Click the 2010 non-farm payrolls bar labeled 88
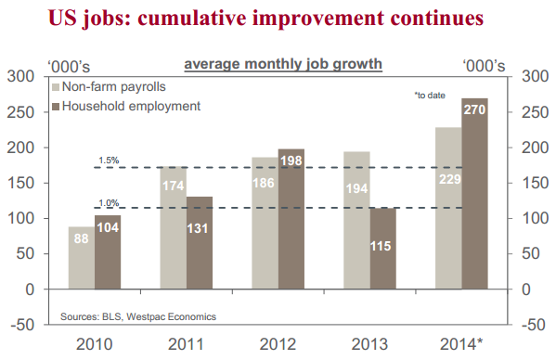tap(81, 258)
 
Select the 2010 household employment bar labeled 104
tap(108, 252)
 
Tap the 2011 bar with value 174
tap(173, 227)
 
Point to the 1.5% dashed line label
tap(109, 161)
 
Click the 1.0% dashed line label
tap(109, 202)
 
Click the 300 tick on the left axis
tap(19, 77)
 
